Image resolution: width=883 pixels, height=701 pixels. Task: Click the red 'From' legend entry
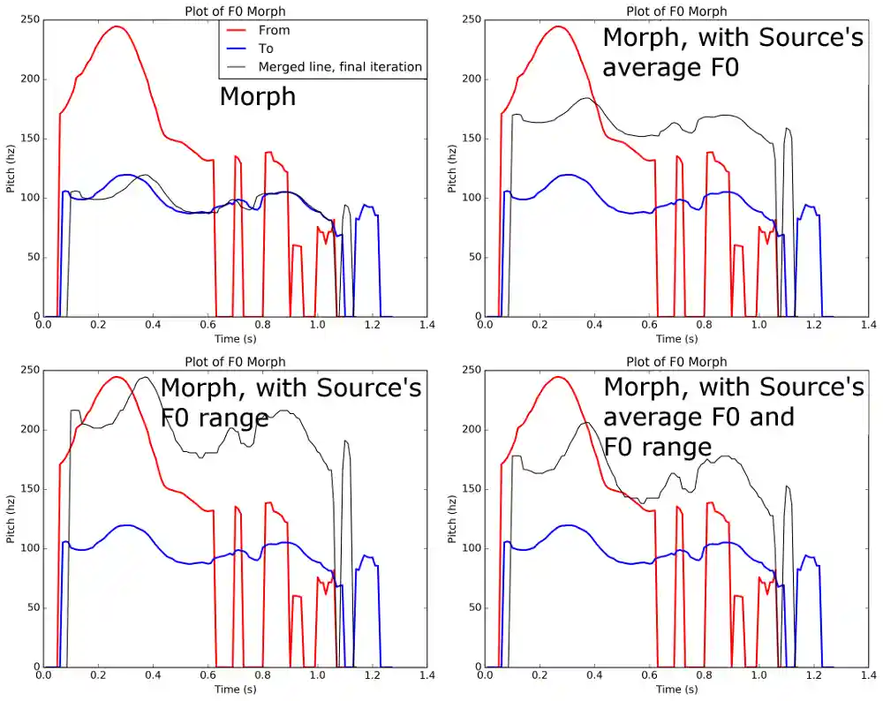point(274,30)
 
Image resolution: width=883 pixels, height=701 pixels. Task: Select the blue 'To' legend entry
point(266,49)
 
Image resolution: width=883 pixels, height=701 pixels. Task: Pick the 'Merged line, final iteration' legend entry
point(340,67)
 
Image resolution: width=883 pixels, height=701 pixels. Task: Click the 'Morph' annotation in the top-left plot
point(257,95)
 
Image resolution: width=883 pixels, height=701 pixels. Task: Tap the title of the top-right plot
point(676,11)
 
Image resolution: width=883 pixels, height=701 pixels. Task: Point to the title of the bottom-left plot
point(235,361)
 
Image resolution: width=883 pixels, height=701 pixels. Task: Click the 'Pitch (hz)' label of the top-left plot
point(10,168)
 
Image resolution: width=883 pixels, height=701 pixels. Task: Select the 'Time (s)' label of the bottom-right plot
point(676,690)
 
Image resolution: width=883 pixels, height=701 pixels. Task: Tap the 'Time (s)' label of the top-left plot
point(235,339)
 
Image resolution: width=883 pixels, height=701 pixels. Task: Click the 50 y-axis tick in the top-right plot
point(472,257)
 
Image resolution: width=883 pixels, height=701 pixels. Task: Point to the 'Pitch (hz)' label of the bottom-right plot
point(451,518)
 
